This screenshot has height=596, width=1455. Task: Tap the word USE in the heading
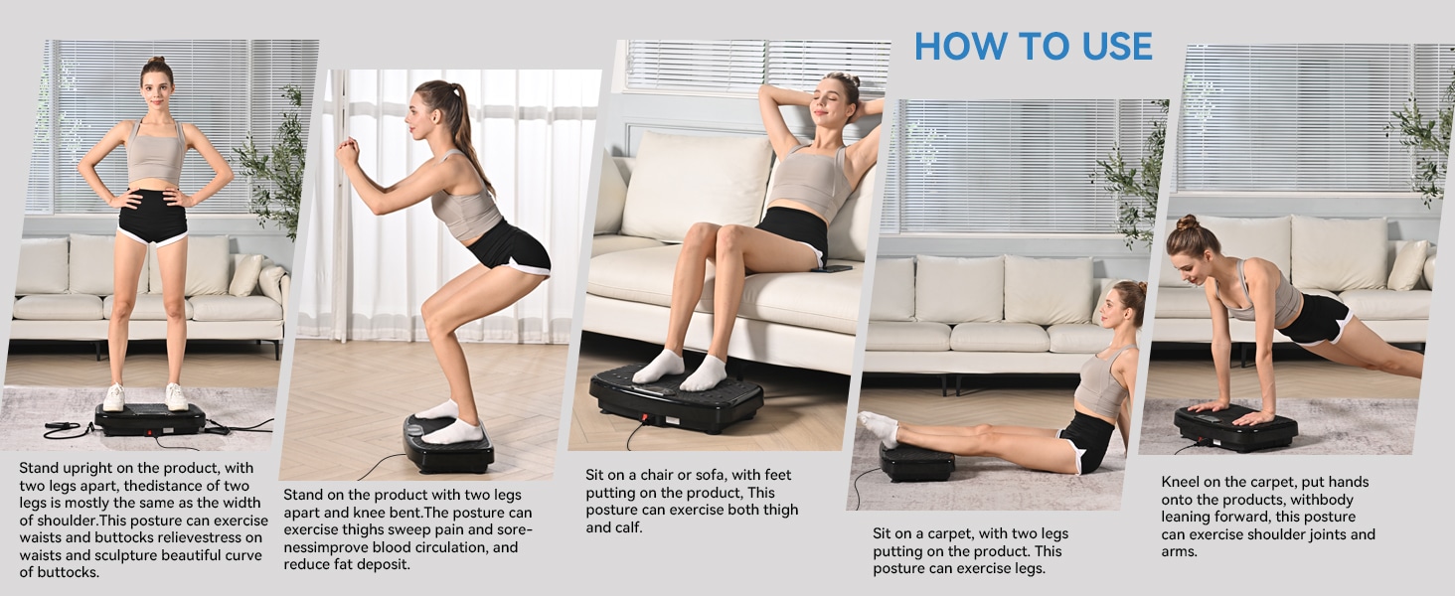[x=1112, y=47]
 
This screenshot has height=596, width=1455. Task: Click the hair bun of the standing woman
[x=155, y=62]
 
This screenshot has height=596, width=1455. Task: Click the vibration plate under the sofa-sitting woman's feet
[x=676, y=397]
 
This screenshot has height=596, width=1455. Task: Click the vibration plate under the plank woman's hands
[x=1235, y=428]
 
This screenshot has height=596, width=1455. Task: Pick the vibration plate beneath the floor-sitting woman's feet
[x=916, y=462]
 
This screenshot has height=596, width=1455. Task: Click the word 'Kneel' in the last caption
[x=1183, y=482]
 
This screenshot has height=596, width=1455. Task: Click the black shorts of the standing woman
[x=152, y=217]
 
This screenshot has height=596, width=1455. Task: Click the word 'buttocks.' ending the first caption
[x=59, y=572]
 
